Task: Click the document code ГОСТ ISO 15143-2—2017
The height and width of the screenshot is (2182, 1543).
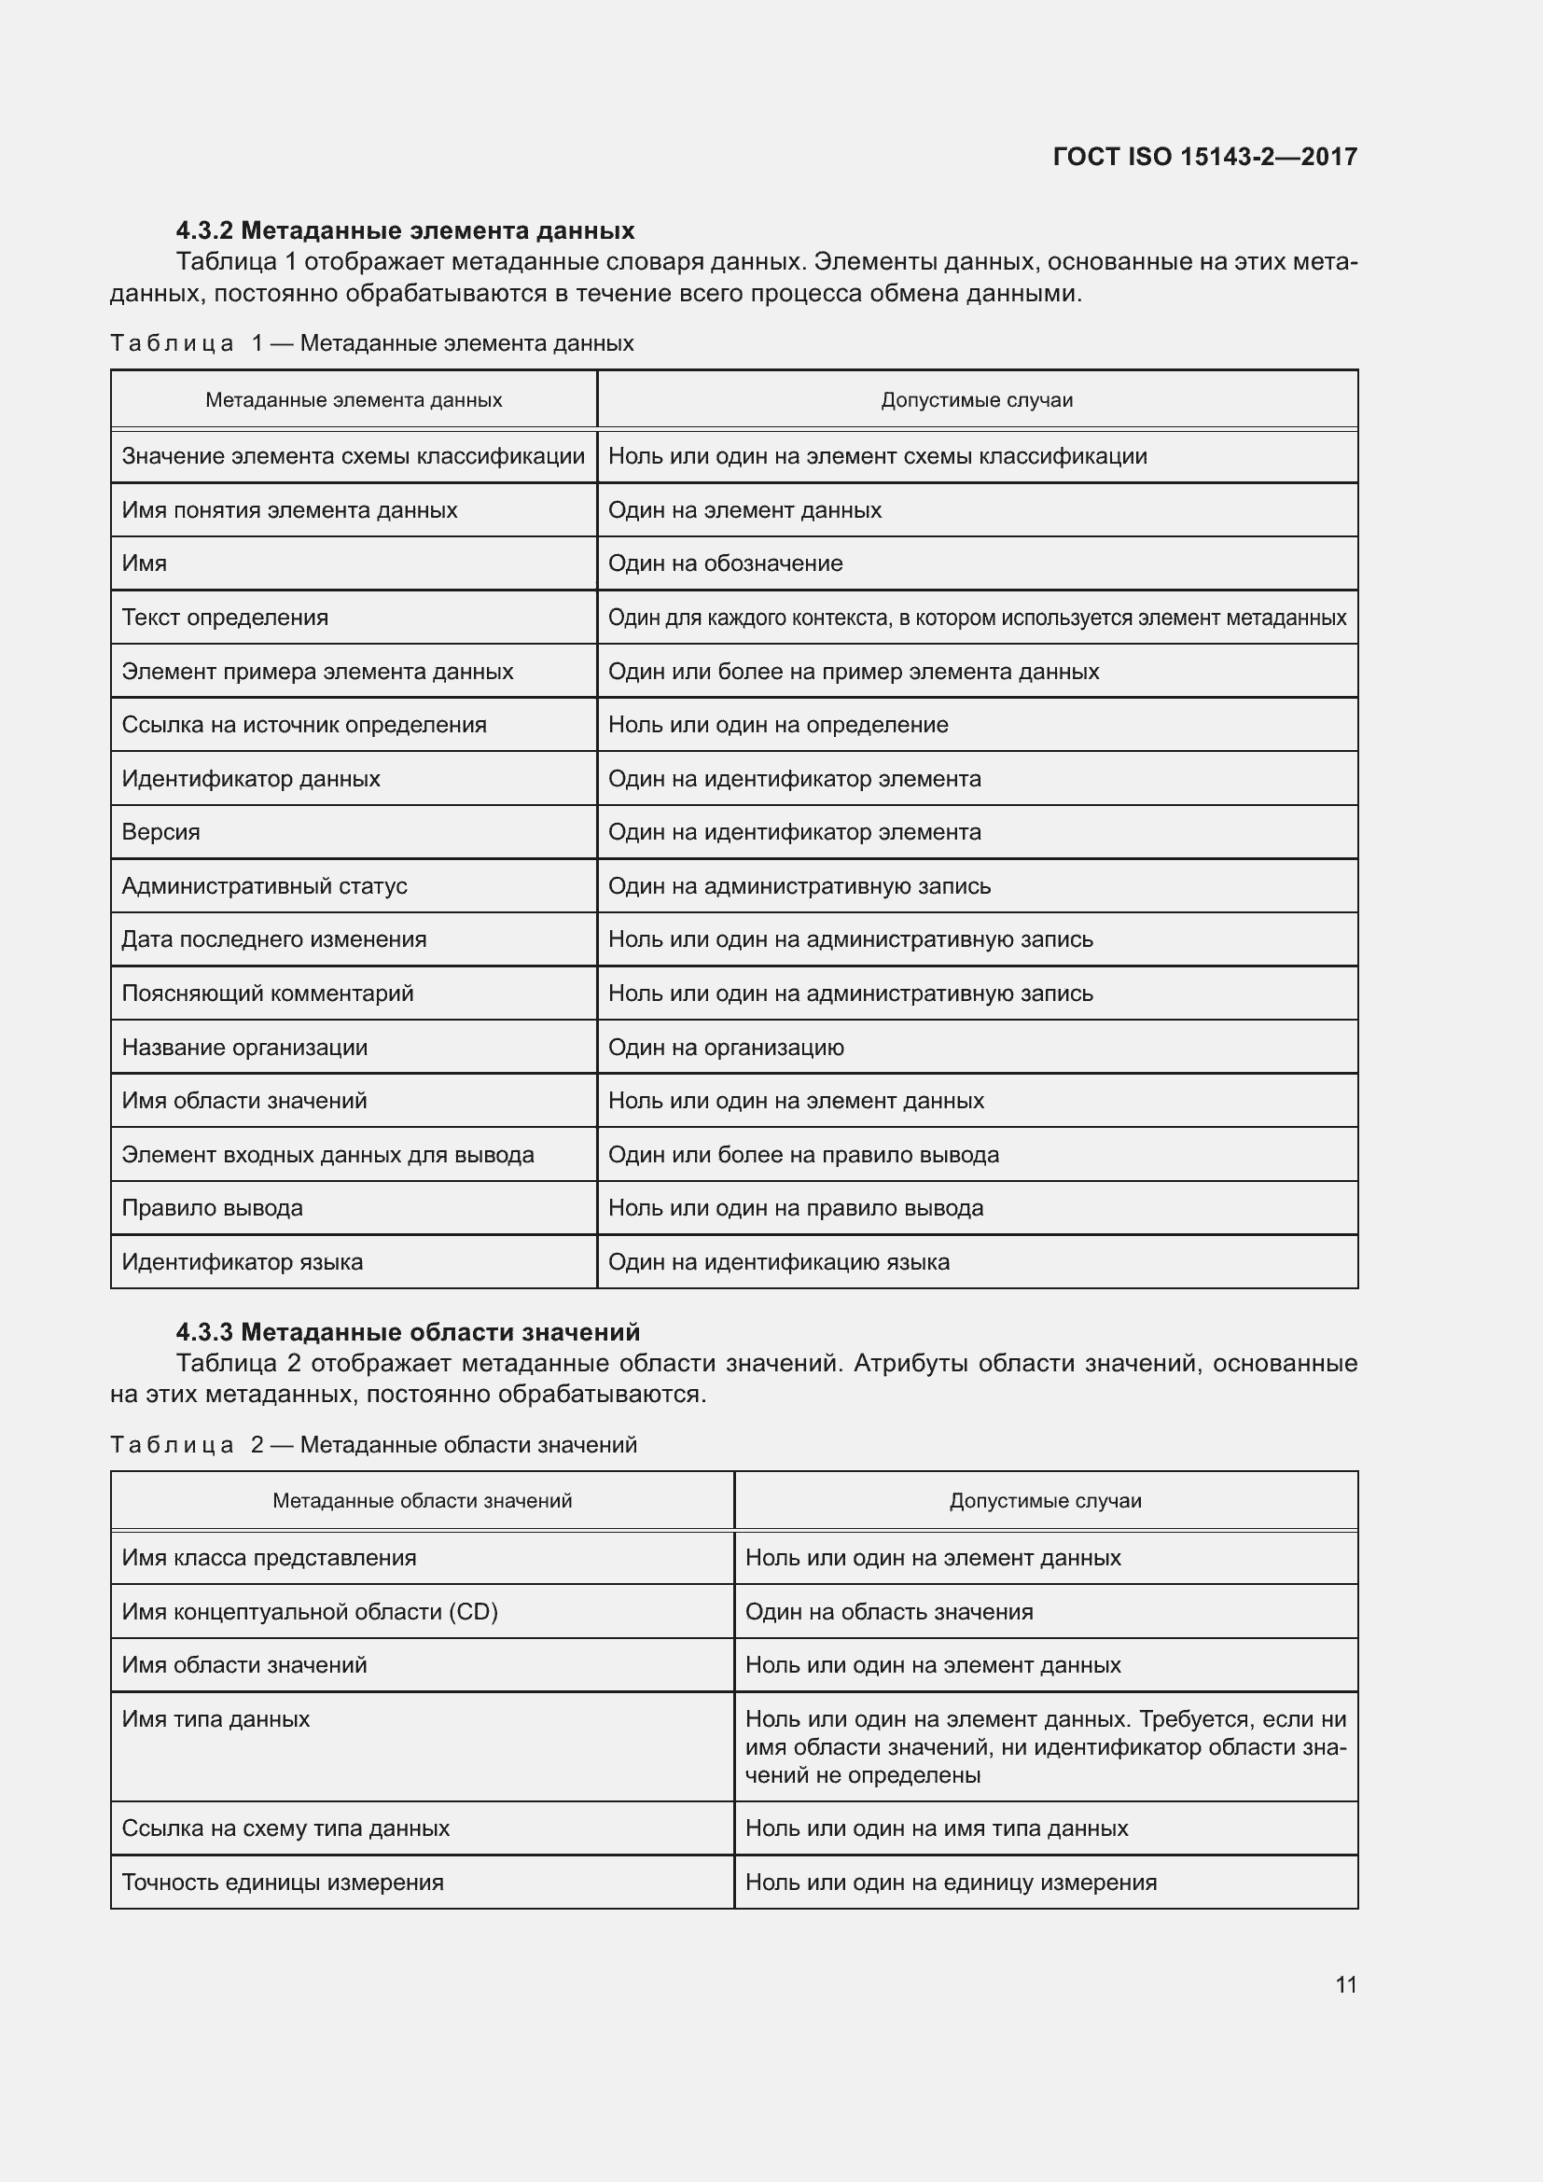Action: click(x=1203, y=156)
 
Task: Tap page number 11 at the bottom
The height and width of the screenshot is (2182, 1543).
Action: click(x=1345, y=1984)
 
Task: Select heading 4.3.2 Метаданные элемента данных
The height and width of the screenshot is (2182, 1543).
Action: click(x=405, y=230)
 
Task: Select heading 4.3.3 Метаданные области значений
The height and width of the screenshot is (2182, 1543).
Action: click(x=408, y=1331)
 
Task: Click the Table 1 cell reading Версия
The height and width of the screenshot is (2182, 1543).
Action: click(x=161, y=831)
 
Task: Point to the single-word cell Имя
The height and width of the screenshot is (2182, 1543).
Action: click(x=145, y=563)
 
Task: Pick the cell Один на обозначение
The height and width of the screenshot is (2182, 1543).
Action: click(x=725, y=563)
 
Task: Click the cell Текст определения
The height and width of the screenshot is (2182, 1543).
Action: click(x=225, y=618)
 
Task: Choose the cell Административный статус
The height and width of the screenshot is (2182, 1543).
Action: click(x=264, y=885)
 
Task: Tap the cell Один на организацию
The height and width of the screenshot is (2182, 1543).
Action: click(x=726, y=1048)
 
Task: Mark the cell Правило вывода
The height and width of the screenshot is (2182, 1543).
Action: click(x=212, y=1208)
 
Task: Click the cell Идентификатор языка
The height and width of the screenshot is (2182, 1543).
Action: click(x=243, y=1262)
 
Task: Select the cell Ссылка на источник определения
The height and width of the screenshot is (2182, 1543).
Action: click(x=304, y=725)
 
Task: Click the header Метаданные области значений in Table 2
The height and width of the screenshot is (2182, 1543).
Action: click(x=422, y=1501)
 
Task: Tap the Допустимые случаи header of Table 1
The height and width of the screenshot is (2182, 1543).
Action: click(x=977, y=400)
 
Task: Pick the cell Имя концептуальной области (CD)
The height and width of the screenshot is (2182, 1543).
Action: click(x=310, y=1612)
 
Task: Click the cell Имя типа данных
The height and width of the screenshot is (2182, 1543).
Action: click(x=215, y=1719)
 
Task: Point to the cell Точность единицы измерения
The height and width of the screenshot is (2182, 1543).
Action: click(x=282, y=1883)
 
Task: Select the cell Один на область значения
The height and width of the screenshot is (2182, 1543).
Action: click(x=888, y=1612)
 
